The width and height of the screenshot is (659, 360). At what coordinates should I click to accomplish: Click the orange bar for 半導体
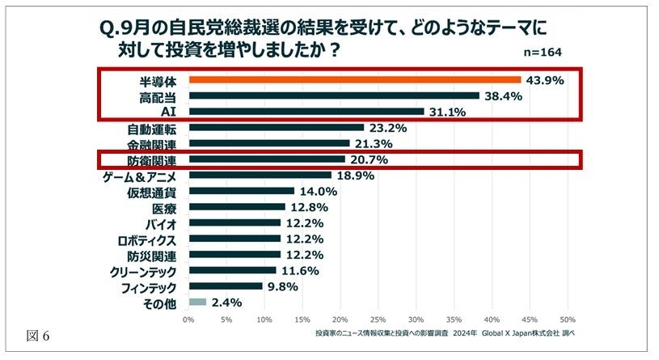point(354,80)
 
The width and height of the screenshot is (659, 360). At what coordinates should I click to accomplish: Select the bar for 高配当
point(333,95)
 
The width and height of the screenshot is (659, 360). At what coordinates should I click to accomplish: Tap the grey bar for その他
point(197,303)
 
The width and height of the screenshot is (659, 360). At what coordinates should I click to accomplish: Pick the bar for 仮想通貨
point(241,191)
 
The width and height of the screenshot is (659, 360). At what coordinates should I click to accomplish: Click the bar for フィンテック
point(225,286)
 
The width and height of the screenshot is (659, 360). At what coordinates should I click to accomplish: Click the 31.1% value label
point(446,112)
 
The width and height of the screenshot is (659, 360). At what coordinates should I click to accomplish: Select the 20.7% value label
point(368,159)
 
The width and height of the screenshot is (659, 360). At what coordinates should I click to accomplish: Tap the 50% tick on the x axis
point(568,319)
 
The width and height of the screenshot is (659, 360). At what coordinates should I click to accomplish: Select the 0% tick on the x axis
point(188,319)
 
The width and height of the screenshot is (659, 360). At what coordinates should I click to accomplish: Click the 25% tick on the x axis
point(378,319)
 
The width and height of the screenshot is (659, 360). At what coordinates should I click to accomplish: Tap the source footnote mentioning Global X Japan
point(443,332)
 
